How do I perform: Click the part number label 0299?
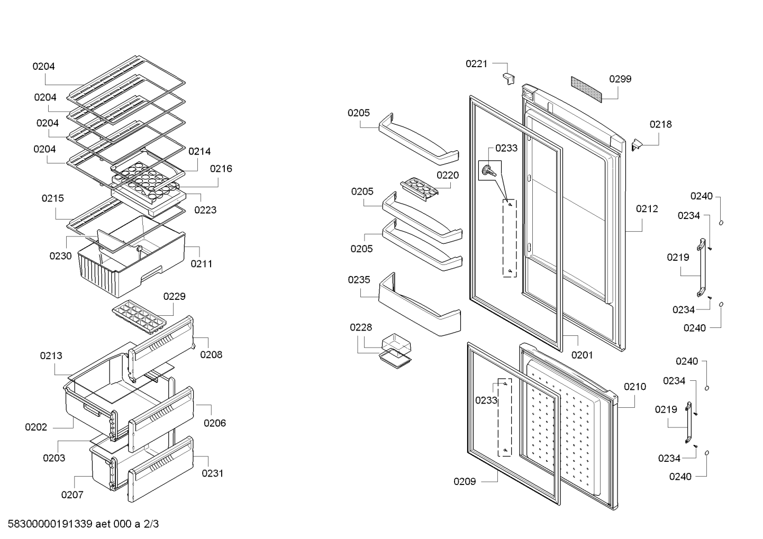point(620,79)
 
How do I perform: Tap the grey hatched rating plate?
point(586,89)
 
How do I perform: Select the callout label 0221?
point(476,63)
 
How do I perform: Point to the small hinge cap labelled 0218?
point(637,145)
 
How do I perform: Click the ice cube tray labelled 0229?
point(139,317)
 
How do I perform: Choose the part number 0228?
point(361,327)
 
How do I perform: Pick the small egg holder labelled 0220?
point(419,189)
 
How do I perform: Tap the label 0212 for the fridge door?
point(647,209)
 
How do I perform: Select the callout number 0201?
point(582,355)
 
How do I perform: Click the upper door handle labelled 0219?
point(701,268)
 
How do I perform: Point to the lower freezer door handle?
point(688,422)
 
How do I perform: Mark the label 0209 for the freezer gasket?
point(465,481)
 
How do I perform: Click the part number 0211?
point(201,264)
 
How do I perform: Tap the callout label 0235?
point(359,280)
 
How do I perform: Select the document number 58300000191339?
point(50,524)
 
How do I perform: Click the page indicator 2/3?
point(151,524)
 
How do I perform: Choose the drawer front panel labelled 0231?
point(160,469)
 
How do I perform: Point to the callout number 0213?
point(51,356)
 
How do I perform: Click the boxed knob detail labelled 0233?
point(490,170)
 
